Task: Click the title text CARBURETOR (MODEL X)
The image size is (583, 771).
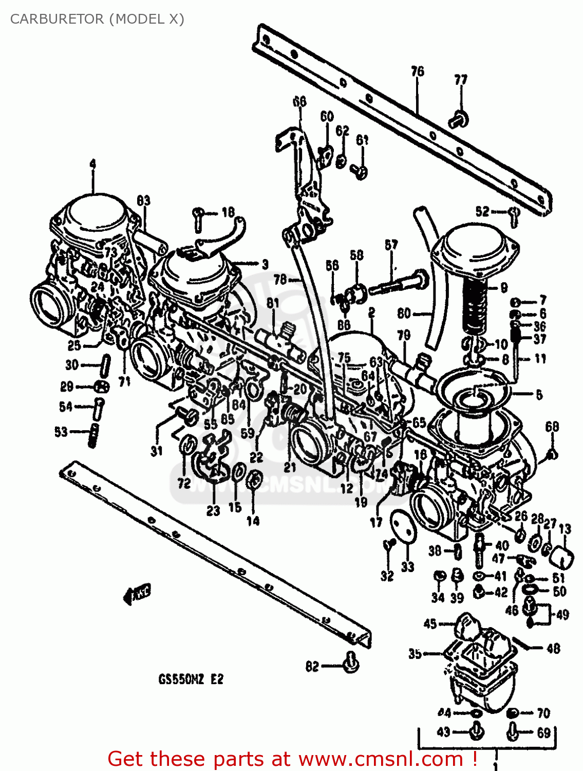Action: coord(97,19)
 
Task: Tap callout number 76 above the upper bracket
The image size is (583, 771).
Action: coord(417,71)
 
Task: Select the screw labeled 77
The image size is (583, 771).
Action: coord(458,120)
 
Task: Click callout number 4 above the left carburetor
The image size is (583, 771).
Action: coord(92,164)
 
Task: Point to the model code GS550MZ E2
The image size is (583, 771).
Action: coord(191,680)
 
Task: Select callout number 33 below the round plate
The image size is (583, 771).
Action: coord(407,567)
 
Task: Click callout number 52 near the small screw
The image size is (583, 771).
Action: coord(482,211)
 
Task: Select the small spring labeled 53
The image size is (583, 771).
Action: coord(93,436)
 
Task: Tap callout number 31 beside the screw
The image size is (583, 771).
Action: coord(157,451)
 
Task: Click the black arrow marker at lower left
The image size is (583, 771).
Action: coord(137,594)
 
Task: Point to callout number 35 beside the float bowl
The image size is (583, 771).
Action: coord(415,653)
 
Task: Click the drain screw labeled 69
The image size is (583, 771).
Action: coord(513,731)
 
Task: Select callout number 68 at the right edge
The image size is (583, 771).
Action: coord(552,426)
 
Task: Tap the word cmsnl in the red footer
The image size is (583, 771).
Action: coord(381,759)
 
